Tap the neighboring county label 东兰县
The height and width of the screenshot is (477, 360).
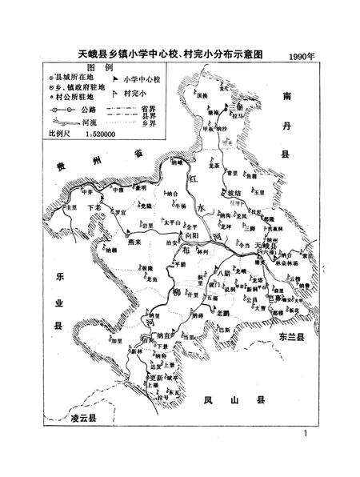coord(293,339)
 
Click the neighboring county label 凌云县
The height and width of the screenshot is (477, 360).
coord(84,418)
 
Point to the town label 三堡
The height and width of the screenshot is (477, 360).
coord(232,106)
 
